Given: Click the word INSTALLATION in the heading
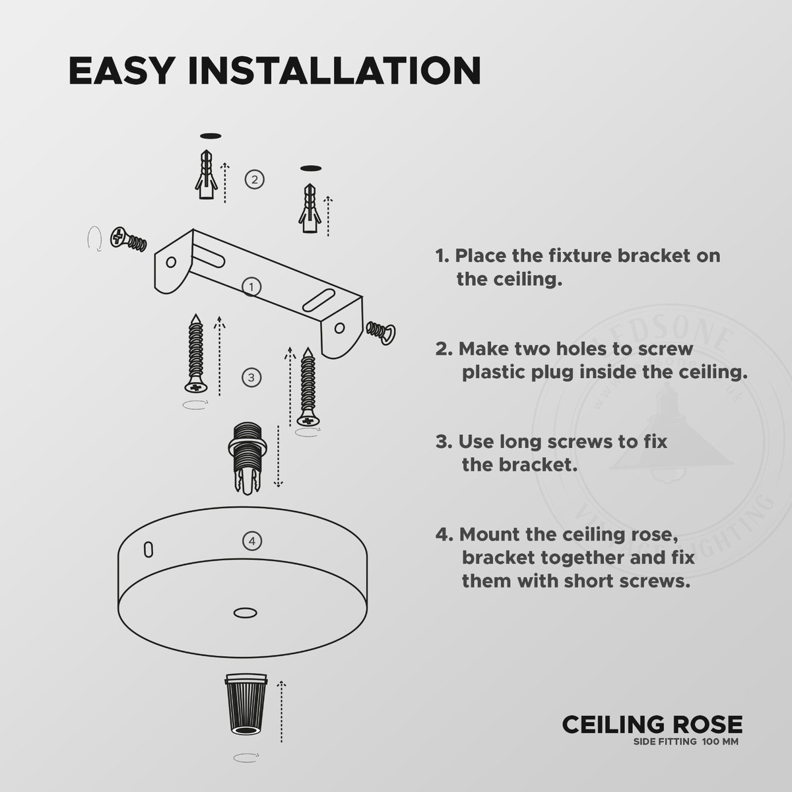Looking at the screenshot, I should pos(335,71).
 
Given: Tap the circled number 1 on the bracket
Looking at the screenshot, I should pos(251,286).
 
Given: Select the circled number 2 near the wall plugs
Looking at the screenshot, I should pos(254,179).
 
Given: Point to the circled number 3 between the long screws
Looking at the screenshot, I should pos(251,378).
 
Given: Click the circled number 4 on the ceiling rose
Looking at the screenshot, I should pos(251,541).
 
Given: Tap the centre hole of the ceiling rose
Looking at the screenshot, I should pos(246,613).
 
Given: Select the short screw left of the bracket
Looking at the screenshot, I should pos(128,239).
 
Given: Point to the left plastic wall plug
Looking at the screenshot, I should pos(207,174).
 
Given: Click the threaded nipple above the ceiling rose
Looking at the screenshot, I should pos(246,457).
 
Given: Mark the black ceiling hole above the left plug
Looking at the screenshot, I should pos(210,136).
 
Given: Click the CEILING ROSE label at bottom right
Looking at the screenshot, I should pos(651,725).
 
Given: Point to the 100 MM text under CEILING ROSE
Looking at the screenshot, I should pos(721,742).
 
